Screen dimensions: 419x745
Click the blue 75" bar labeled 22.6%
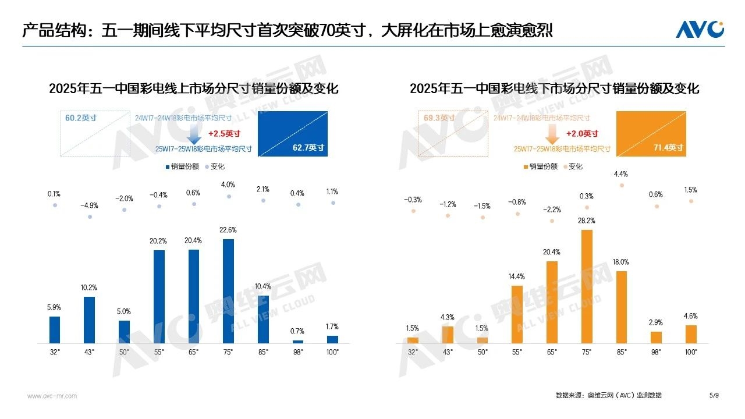228,291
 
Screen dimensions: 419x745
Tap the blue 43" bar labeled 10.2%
89,319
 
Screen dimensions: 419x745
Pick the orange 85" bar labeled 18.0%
622,307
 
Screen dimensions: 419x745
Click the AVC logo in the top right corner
700,29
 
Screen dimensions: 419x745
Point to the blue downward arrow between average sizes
195,135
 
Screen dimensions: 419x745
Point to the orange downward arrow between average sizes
553,135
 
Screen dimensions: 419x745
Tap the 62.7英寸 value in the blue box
308,148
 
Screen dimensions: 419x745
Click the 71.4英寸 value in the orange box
668,148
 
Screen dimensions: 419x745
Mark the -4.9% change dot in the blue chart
90,216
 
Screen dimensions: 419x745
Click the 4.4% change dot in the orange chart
622,185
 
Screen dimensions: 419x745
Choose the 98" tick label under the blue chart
298,352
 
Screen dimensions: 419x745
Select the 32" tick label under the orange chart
413,352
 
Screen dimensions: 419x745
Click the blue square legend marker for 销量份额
167,166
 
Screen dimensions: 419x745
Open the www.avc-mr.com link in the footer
52,396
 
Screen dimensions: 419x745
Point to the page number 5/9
714,396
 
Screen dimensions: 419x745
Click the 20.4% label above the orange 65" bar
552,252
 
